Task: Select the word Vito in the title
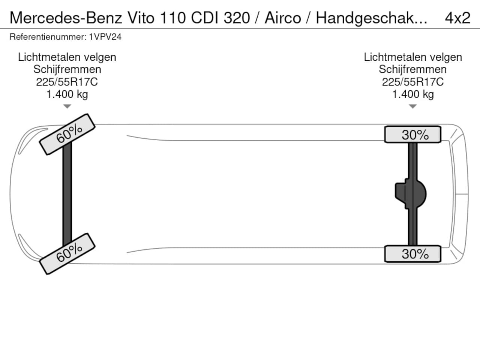(x=141, y=18)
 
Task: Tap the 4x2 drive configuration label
(x=457, y=18)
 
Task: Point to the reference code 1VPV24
(x=105, y=37)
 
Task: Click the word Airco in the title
(x=283, y=18)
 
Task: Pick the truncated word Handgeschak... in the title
(x=372, y=18)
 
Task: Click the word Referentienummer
(x=48, y=37)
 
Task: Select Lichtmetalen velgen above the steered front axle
(x=67, y=57)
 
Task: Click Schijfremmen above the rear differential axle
(x=412, y=69)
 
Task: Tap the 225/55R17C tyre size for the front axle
(x=67, y=82)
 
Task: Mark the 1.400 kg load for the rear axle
(x=413, y=94)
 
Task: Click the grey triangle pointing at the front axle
(x=67, y=106)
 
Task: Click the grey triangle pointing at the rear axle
(x=412, y=106)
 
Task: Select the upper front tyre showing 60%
(x=67, y=134)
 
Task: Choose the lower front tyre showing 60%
(x=67, y=254)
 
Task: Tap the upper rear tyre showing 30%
(x=412, y=134)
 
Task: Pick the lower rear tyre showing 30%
(x=412, y=254)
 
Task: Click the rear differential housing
(x=411, y=194)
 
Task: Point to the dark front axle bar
(x=67, y=194)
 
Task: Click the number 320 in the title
(x=237, y=18)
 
